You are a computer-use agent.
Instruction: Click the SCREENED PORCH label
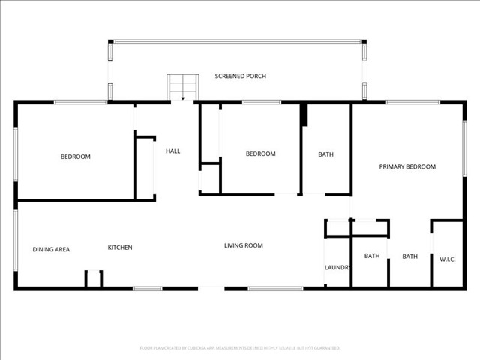[240, 76]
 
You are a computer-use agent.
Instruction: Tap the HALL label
[172, 151]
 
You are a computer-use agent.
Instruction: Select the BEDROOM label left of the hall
[75, 157]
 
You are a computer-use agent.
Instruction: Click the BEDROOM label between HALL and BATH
[260, 154]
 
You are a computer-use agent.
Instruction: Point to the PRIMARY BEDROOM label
[406, 167]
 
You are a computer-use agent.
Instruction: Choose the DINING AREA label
[51, 249]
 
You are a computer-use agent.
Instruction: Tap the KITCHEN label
[120, 247]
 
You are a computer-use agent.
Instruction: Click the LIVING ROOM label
[244, 245]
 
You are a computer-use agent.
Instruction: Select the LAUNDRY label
[337, 267]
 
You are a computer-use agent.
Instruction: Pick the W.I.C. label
[447, 259]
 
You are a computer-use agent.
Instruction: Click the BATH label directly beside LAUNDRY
[372, 256]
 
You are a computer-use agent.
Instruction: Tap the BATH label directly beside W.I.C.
[409, 256]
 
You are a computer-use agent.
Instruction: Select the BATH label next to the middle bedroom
[325, 155]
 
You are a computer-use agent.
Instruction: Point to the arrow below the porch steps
[182, 97]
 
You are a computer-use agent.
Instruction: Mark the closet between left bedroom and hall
[145, 169]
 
